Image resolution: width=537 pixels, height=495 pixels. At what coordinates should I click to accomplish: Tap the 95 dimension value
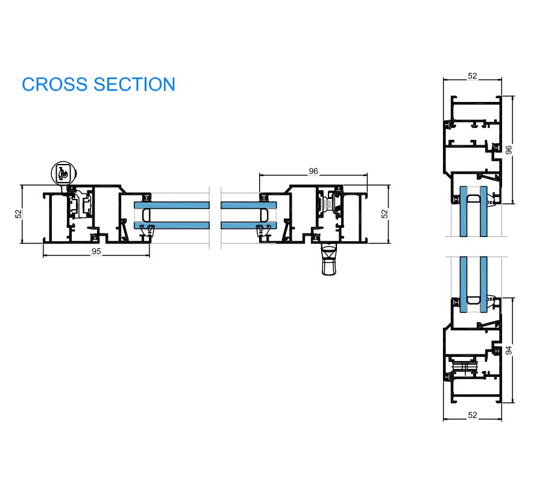[96, 251]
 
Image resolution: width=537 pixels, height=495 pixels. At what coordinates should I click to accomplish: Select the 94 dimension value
[509, 350]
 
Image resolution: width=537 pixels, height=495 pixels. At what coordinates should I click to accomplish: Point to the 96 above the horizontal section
[313, 171]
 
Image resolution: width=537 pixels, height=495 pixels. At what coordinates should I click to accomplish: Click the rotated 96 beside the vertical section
[509, 150]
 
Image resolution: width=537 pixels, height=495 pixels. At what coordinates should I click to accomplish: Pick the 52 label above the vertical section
[473, 76]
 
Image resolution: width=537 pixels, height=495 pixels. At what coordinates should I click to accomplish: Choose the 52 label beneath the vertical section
[473, 415]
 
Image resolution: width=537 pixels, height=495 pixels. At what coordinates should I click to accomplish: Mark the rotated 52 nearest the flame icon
[18, 213]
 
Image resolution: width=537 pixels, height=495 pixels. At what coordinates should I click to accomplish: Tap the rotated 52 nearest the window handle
[384, 213]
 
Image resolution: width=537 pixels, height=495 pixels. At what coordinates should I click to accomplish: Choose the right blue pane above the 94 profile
[483, 283]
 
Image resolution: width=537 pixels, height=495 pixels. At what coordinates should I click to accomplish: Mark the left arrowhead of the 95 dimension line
[45, 256]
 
